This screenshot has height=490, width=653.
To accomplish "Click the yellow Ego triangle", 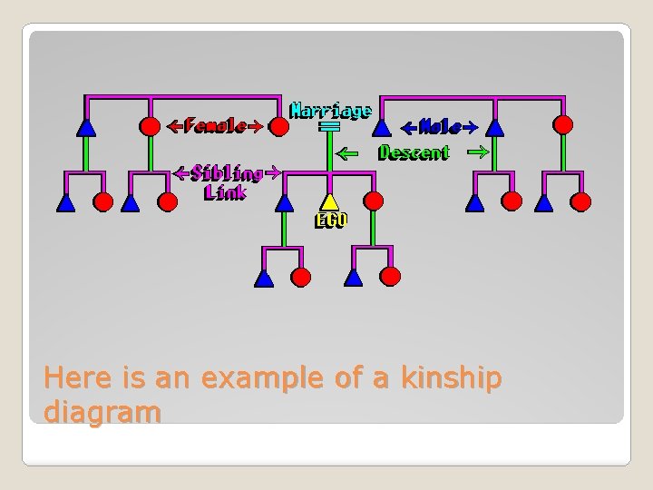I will point(329,202).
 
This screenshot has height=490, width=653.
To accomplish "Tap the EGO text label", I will point(330,220).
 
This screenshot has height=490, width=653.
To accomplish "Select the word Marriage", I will point(330,111).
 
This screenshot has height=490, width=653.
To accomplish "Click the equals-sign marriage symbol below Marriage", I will point(329,128).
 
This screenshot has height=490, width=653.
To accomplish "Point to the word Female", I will point(214,127).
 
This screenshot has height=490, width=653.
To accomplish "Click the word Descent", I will point(414,152).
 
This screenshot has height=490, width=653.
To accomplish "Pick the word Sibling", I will point(226,172).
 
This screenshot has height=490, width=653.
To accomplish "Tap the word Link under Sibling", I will point(225,191).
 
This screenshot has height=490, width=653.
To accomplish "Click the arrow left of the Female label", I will point(175,127).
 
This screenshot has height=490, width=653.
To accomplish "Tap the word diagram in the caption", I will point(102,413).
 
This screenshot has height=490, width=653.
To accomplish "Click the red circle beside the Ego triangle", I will point(373,201).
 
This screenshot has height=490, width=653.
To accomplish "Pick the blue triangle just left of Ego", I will point(284,202).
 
